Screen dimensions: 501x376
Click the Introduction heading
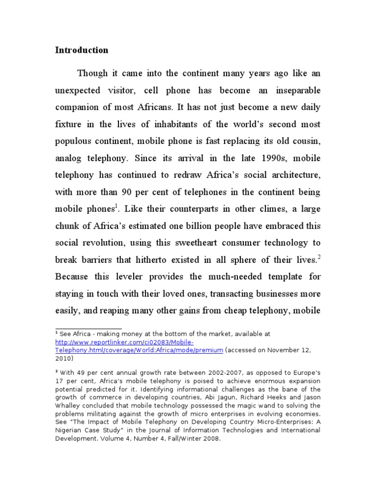point(81,50)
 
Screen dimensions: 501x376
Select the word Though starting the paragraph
point(93,73)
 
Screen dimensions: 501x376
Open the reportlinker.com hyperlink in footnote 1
point(124,342)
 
